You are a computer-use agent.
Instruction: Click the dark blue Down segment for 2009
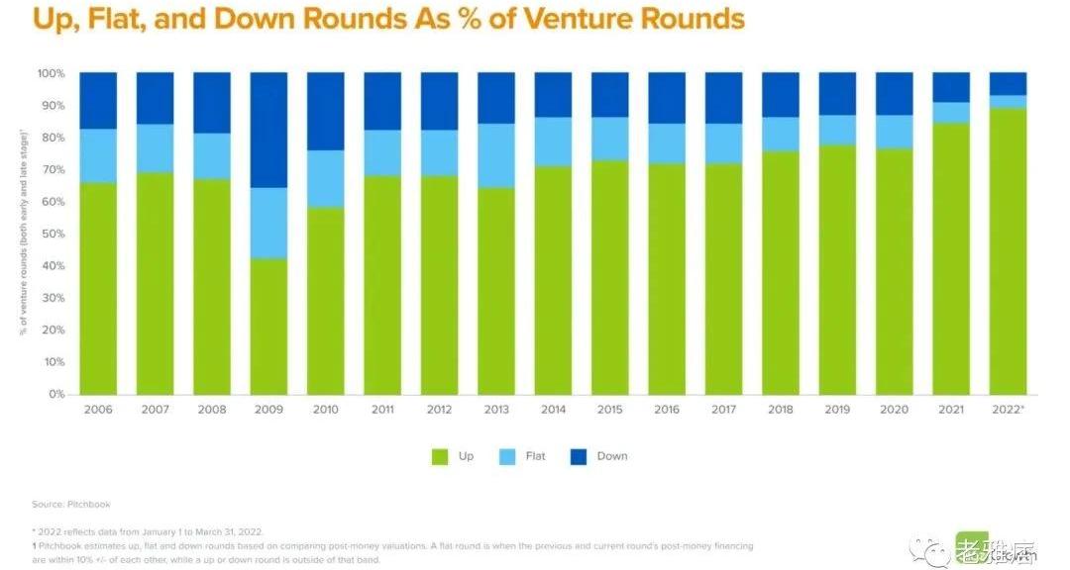268,129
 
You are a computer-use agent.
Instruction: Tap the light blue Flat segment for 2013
495,155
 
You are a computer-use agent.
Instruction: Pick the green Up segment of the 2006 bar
98,288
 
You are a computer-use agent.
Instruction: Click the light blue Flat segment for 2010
325,178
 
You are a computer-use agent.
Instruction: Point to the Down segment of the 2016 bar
666,98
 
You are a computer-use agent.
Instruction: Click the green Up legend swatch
440,456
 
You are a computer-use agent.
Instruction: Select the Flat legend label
536,456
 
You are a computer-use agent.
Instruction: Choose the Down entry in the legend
612,456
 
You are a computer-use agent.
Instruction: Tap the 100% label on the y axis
50,73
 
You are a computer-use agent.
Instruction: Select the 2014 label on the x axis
552,410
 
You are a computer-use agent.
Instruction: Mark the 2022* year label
1008,410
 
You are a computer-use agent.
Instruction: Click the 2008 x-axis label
212,410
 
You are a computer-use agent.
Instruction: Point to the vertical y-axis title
21,234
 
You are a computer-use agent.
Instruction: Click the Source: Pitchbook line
70,504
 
